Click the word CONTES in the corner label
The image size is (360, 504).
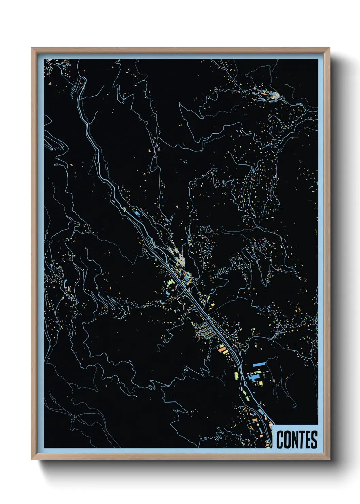click(297, 440)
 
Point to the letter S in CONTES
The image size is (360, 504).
click(314, 440)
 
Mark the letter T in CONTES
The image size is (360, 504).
click(301, 440)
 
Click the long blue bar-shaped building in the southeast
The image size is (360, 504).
click(259, 364)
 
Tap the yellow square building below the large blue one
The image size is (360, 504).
click(261, 383)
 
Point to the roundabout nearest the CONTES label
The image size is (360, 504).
click(259, 406)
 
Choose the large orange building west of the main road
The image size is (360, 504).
click(222, 348)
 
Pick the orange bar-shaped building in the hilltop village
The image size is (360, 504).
click(263, 93)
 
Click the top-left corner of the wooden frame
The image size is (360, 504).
click(32, 48)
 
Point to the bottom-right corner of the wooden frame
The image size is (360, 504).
click(329, 459)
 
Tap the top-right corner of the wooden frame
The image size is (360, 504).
click(329, 48)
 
